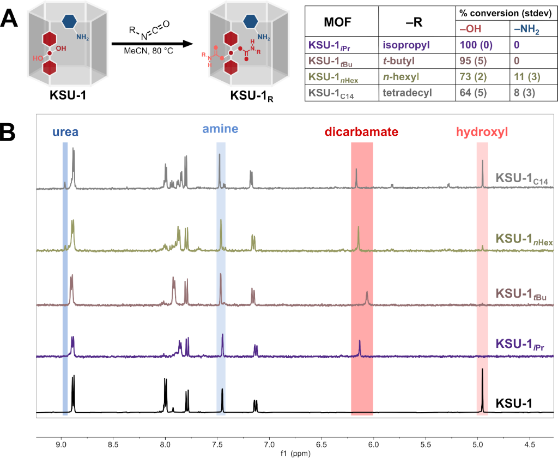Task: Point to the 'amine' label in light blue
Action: click(220, 129)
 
